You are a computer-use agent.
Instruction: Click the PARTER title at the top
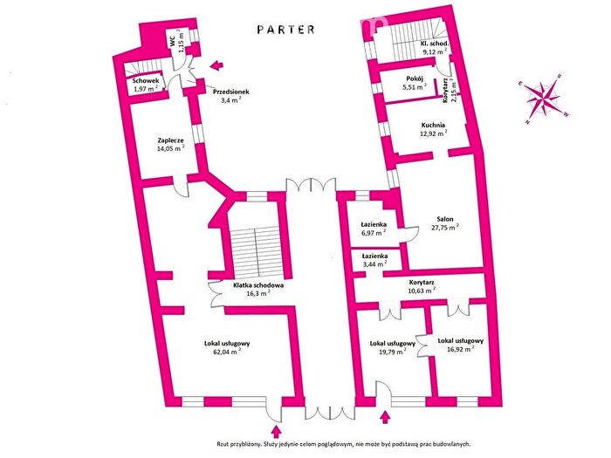pyautogui.click(x=286, y=30)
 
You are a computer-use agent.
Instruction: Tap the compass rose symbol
pyautogui.click(x=542, y=99)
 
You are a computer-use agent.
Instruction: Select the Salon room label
pyautogui.click(x=445, y=219)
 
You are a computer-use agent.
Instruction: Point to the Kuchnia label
pyautogui.click(x=433, y=126)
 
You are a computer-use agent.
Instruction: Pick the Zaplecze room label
pyautogui.click(x=171, y=140)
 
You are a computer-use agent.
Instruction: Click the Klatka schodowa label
pyautogui.click(x=258, y=285)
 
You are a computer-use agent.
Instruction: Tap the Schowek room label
pyautogui.click(x=146, y=81)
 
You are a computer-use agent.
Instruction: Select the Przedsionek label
pyautogui.click(x=231, y=92)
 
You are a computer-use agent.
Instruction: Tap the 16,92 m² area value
pyautogui.click(x=461, y=349)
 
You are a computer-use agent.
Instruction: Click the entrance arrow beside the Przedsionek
pyautogui.click(x=216, y=65)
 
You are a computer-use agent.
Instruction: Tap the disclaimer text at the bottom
pyautogui.click(x=345, y=443)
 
